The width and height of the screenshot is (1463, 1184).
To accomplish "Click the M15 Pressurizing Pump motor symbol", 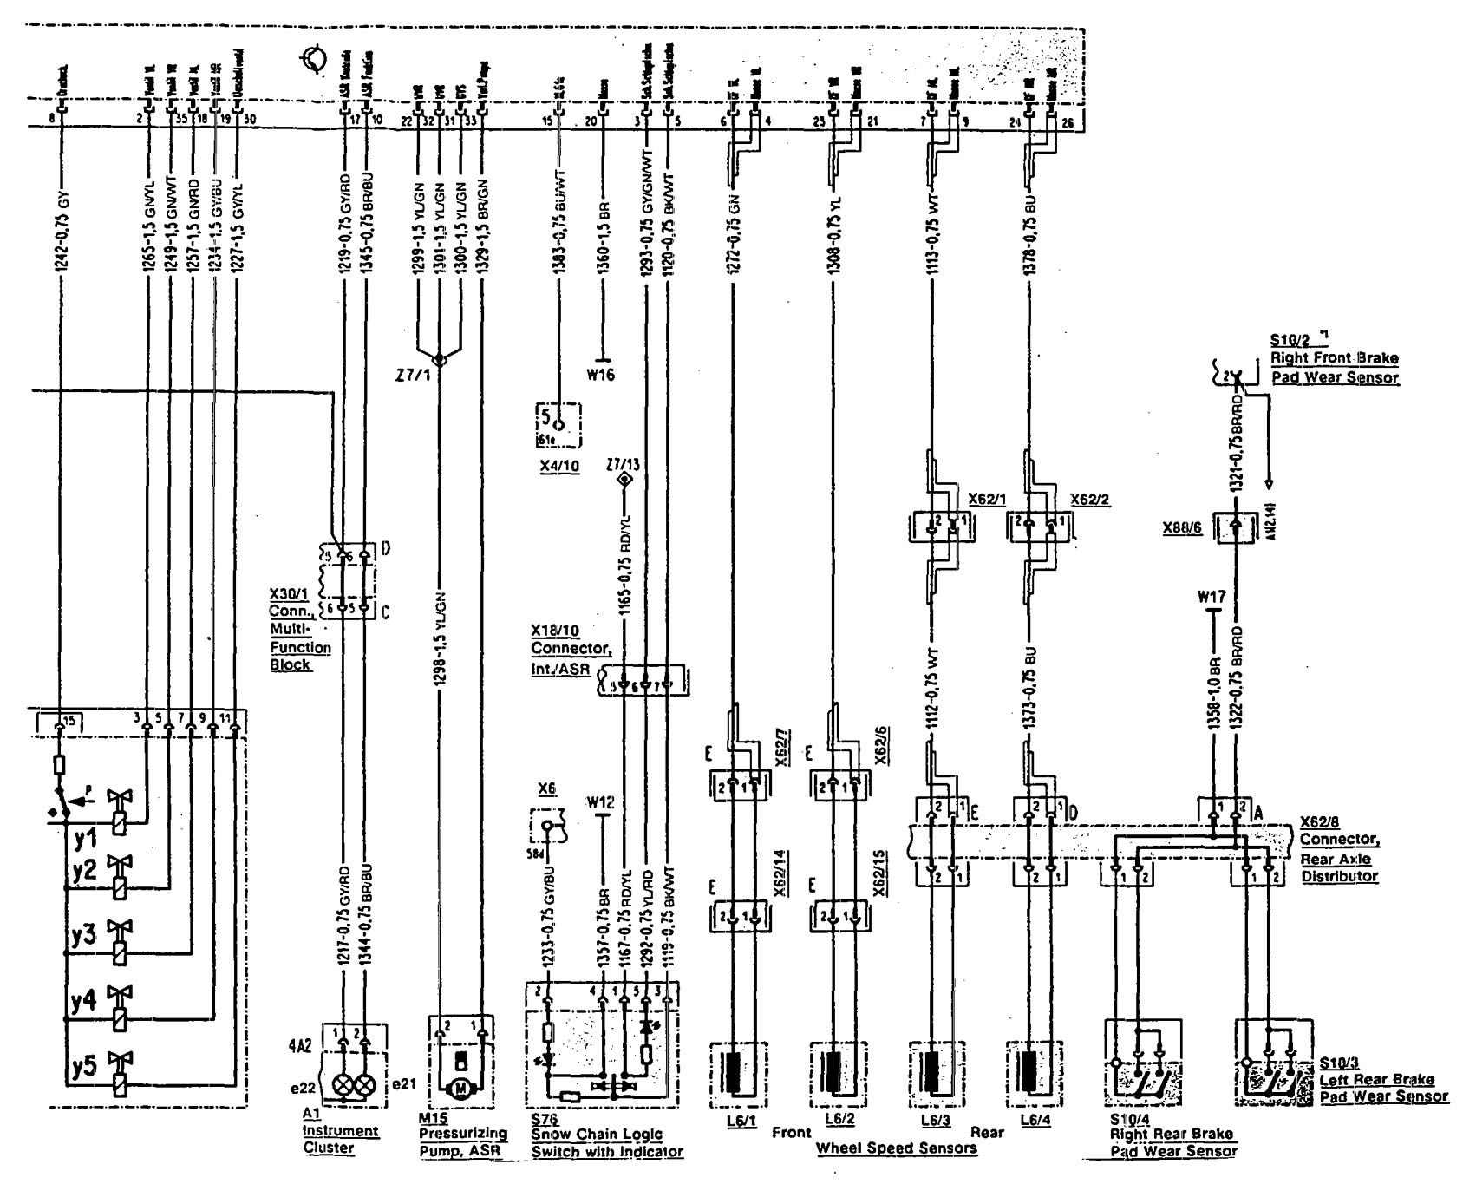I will coord(460,1086).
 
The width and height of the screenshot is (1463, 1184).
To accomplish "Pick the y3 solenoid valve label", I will coord(85,937).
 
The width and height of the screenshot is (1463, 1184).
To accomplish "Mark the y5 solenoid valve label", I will coord(85,1067).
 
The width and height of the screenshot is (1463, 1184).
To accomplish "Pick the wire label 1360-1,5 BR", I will coord(604,235).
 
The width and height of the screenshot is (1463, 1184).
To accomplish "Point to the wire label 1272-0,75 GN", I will coord(735,235).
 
